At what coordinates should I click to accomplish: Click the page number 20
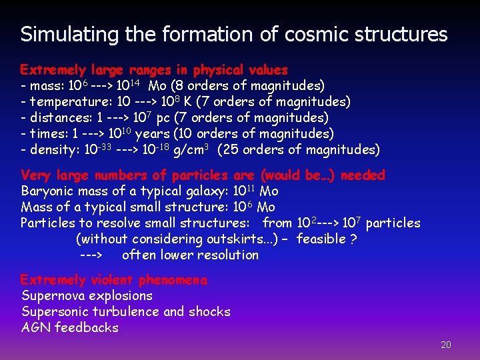(x=446, y=345)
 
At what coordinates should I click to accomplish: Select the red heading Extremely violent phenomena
(x=113, y=280)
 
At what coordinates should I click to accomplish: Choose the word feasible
(x=321, y=239)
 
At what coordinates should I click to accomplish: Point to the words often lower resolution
(x=190, y=255)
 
